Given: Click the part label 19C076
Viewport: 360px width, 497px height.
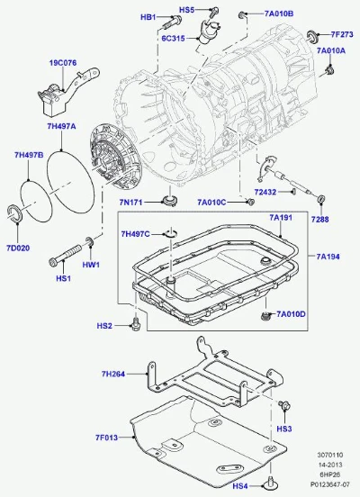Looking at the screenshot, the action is point(63,63).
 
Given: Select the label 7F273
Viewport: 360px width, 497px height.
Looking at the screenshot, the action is point(342,34).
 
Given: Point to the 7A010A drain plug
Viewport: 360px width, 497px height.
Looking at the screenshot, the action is point(330,71).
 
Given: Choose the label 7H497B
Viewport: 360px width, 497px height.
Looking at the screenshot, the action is point(29,155).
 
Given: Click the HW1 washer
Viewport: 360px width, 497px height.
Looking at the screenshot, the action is point(90,242).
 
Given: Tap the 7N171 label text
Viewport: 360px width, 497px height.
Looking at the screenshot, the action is point(130,202).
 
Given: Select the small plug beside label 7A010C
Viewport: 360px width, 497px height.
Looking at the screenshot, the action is point(250,202).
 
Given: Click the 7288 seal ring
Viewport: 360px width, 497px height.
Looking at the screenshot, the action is point(321,200).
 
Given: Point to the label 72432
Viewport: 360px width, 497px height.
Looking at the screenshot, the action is point(265,192).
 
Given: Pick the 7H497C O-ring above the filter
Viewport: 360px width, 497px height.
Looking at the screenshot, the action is point(170,233).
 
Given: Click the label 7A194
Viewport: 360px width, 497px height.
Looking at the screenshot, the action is point(328,257).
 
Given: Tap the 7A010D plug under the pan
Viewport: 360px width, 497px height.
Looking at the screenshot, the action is point(265,316).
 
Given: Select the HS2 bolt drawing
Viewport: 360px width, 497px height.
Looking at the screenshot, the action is point(137,323).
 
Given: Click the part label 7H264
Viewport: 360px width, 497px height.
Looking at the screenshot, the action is point(113,374).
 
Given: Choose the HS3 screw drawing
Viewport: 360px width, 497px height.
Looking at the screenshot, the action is point(284,405).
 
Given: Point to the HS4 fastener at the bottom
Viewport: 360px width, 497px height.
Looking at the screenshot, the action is point(270,483).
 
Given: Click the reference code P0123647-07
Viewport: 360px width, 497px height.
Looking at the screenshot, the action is point(330,484).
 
